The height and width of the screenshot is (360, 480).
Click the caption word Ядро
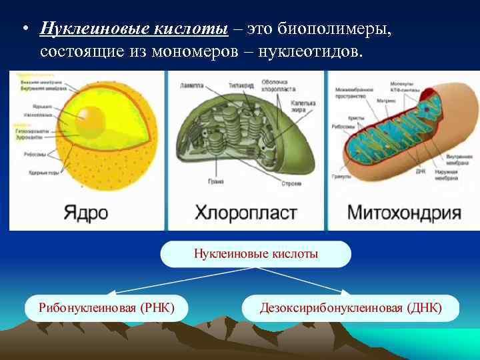tap(86, 213)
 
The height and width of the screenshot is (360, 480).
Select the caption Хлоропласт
tap(245, 213)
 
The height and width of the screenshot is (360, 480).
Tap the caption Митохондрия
tap(404, 213)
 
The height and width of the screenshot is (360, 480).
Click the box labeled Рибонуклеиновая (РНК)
tap(107, 308)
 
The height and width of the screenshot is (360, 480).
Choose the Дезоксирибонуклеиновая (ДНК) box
tap(351, 308)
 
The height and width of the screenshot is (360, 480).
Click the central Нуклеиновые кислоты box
tap(255, 254)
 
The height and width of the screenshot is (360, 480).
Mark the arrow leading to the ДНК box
tap(300, 280)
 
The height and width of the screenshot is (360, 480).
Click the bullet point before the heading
tap(23, 30)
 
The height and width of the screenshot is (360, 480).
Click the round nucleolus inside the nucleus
tap(89, 120)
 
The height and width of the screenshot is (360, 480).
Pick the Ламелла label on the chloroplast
tap(192, 86)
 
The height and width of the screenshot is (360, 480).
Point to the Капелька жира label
tap(303, 107)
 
